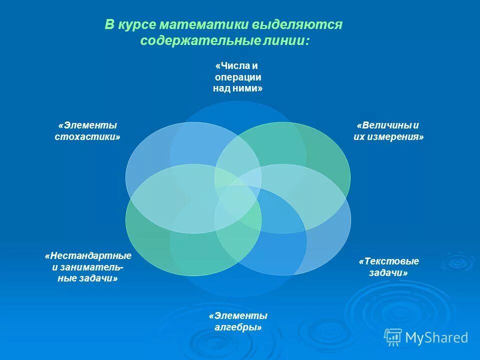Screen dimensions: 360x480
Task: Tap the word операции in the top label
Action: pyautogui.click(x=238, y=77)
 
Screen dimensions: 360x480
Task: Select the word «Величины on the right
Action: pyautogui.click(x=384, y=125)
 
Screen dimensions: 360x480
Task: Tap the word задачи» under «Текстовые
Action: pyautogui.click(x=388, y=273)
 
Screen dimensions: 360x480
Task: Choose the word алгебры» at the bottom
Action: pyautogui.click(x=238, y=327)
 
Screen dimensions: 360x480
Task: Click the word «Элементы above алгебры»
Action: pyautogui.click(x=238, y=316)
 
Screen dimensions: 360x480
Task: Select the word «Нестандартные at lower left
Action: pyautogui.click(x=88, y=256)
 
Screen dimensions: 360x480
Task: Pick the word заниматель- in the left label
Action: pyautogui.click(x=92, y=267)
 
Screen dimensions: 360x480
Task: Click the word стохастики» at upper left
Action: pyautogui.click(x=88, y=136)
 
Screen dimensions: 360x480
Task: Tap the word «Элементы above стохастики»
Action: pyautogui.click(x=88, y=125)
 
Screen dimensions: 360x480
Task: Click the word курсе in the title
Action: pyautogui.click(x=137, y=25)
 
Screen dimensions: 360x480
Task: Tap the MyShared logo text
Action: pyautogui.click(x=436, y=338)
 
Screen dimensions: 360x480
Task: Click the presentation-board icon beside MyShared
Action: pyautogui.click(x=393, y=337)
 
